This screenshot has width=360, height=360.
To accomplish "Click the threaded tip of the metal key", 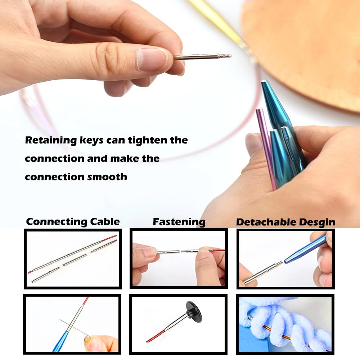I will pos(225,56).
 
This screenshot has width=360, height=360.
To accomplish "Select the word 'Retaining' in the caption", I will pos(50,140).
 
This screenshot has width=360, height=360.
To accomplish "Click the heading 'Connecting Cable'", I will pos(73,221).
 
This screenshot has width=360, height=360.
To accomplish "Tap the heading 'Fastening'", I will pos(179,221).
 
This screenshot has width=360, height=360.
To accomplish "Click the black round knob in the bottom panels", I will pos(193,312).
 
